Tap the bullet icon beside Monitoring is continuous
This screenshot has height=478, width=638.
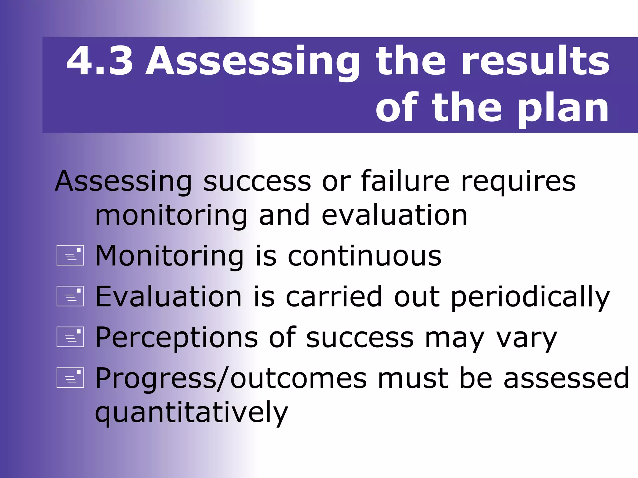pos(70,255)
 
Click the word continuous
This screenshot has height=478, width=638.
pos(364,256)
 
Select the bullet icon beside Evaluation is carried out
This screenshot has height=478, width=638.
pos(70,296)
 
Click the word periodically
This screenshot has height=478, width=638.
pos(530,297)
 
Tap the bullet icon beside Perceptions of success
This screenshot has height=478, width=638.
pos(70,337)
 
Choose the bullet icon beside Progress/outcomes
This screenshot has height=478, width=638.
pos(70,378)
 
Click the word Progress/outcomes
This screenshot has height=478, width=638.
pos(231,379)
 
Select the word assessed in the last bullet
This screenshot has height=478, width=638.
pos(566,378)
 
